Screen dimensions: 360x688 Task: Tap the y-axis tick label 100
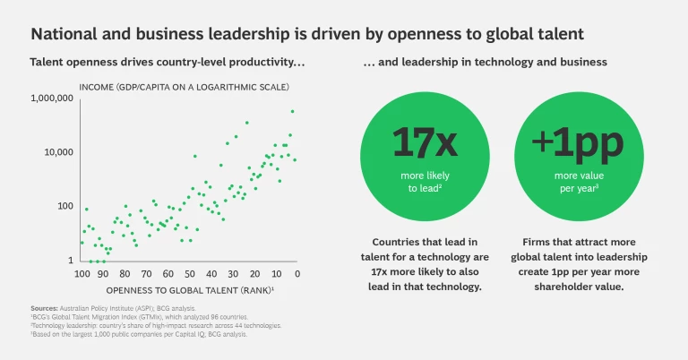(65, 206)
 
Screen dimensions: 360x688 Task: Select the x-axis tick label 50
(189, 273)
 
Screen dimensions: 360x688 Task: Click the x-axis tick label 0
(297, 273)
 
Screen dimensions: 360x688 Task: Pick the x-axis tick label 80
(125, 273)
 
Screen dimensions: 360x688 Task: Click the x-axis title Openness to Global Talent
(188, 290)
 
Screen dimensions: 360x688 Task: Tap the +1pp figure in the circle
(565, 144)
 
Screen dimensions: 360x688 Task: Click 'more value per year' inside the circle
(565, 183)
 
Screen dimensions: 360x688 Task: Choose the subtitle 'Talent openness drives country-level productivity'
(168, 63)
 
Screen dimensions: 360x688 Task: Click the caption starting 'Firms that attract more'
(565, 263)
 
